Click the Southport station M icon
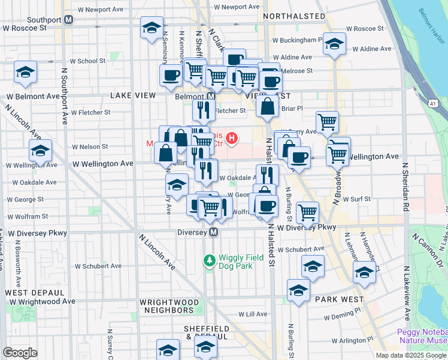[x=69, y=19]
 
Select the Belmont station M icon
[x=211, y=96]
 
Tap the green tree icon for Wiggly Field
[x=209, y=260]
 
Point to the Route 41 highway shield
[x=432, y=104]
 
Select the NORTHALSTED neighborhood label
[x=294, y=16]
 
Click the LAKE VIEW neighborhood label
[x=133, y=96]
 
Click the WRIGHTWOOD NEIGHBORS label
[x=167, y=306]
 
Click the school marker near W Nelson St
[x=40, y=150]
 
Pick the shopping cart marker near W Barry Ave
[x=327, y=122]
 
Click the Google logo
[x=20, y=353]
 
